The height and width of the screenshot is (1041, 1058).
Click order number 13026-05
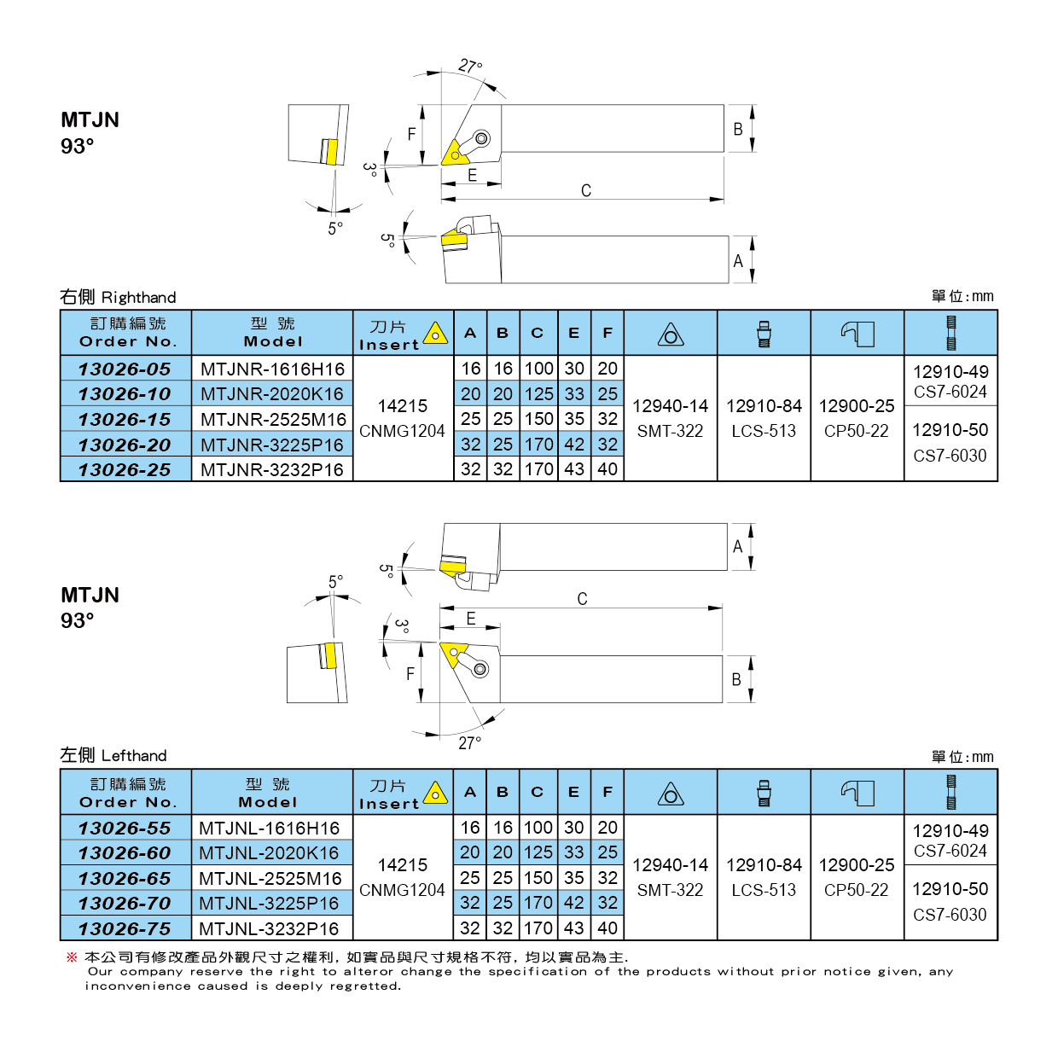tap(125, 369)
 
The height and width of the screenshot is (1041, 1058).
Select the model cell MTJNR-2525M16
tap(273, 420)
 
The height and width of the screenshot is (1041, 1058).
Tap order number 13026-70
tap(125, 904)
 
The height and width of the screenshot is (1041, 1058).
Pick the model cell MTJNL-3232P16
tap(269, 929)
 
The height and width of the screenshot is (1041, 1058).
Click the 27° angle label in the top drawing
tap(470, 67)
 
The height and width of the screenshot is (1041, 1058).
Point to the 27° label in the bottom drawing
tap(469, 743)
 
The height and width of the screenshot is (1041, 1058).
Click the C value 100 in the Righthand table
tap(538, 369)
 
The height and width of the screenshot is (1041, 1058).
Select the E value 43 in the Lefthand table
tap(574, 928)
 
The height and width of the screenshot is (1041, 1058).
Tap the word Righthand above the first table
tap(138, 298)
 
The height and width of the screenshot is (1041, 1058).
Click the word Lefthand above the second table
tap(134, 756)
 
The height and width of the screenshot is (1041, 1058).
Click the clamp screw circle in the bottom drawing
tap(480, 668)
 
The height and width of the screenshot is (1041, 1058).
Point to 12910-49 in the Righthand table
tap(950, 372)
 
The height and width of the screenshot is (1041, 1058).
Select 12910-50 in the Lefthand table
tap(950, 889)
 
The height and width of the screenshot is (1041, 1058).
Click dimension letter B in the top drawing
tap(738, 130)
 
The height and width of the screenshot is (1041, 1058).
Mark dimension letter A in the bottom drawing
tap(738, 547)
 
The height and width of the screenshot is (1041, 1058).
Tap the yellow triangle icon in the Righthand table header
tap(436, 334)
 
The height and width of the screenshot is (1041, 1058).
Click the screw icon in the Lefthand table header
tap(764, 793)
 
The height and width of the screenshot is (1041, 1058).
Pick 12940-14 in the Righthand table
tap(671, 407)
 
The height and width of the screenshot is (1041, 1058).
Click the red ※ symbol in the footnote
tap(72, 957)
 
